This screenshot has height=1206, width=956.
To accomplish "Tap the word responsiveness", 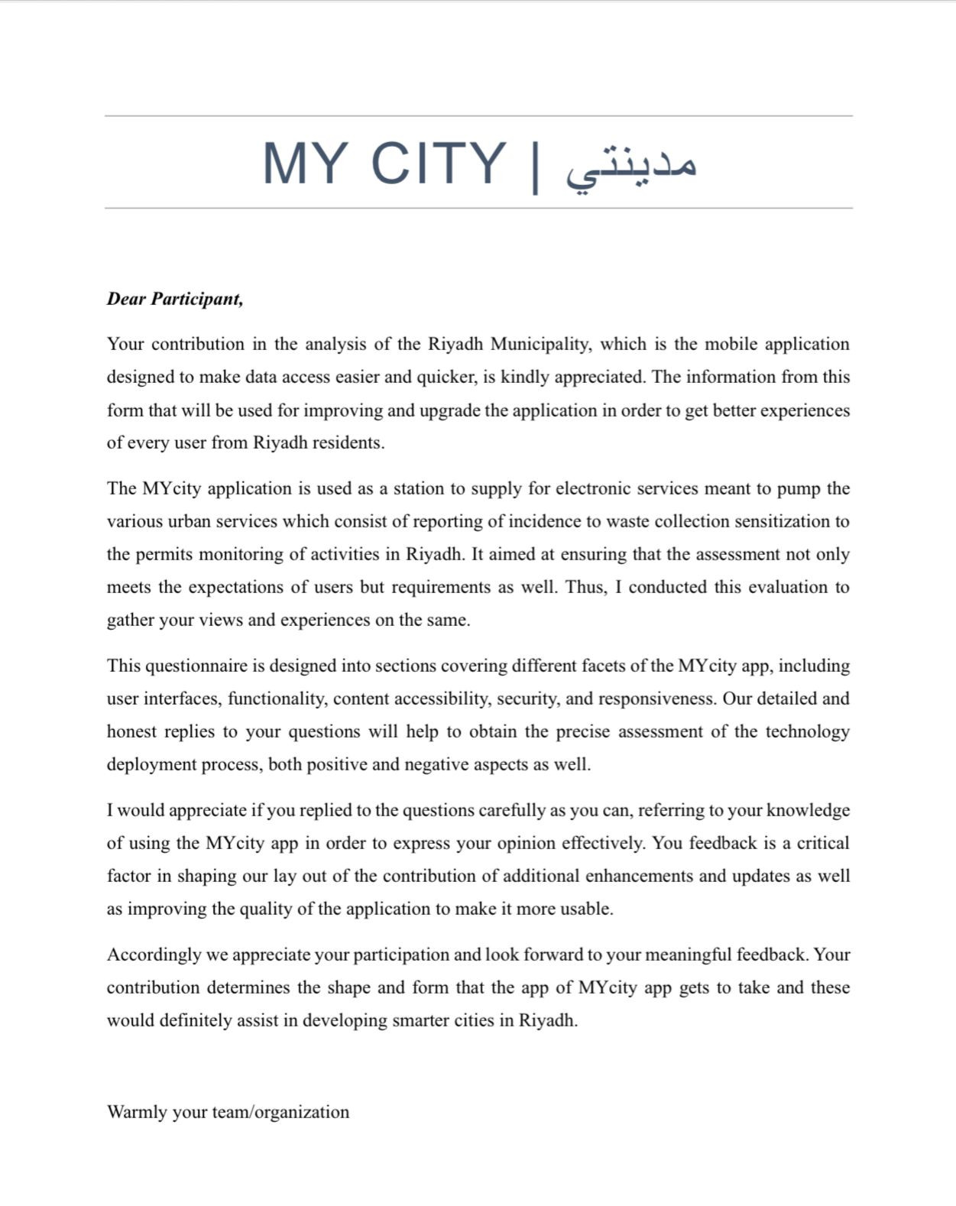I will click(657, 699).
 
